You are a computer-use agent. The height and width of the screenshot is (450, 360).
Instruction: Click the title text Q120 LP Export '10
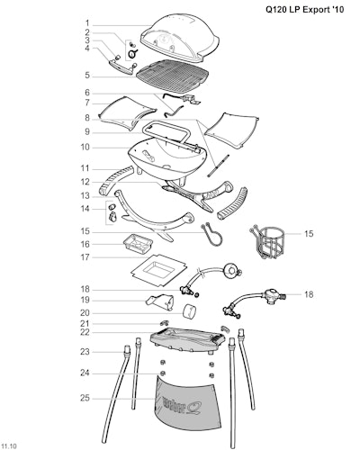[x=305, y=10]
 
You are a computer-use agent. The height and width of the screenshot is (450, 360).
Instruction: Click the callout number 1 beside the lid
[x=87, y=23]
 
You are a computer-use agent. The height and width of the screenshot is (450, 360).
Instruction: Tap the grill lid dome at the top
[x=180, y=38]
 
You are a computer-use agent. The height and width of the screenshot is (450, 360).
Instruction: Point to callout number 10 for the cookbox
[x=85, y=148]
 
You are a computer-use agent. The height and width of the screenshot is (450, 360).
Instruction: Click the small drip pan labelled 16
[x=138, y=243]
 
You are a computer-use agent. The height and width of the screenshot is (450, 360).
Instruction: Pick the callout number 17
[x=85, y=257]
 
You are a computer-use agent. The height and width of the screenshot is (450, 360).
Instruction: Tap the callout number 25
[x=85, y=398]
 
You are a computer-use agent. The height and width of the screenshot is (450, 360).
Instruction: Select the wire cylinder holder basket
[x=267, y=241]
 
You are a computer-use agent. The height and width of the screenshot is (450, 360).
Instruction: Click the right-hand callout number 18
[x=309, y=294]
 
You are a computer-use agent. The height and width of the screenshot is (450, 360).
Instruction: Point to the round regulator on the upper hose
[x=231, y=271]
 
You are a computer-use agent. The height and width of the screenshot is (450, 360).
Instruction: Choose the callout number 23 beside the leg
[x=85, y=352]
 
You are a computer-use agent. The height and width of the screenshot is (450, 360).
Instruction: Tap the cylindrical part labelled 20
[x=190, y=311]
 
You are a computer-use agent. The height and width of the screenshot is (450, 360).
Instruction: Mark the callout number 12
[x=85, y=182]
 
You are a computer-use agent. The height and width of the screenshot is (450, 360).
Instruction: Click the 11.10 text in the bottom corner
[x=9, y=445]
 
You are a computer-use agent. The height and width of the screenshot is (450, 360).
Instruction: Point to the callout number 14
[x=85, y=209]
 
